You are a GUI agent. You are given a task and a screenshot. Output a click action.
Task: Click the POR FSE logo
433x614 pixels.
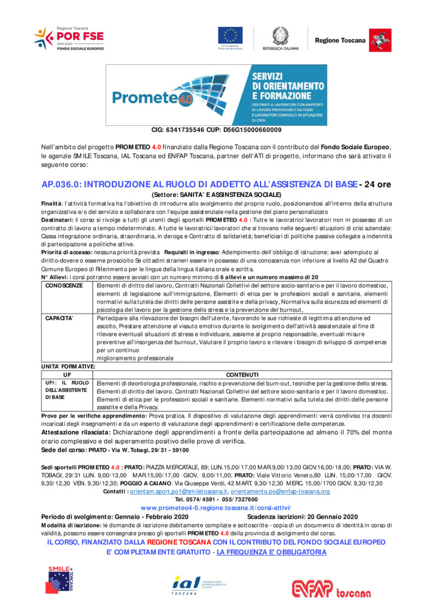69,39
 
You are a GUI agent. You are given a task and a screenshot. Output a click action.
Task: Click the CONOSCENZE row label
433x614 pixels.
64,286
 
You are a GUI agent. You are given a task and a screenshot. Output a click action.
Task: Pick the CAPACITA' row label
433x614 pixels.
59,318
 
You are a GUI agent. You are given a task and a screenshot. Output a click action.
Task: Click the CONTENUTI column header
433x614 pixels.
242,375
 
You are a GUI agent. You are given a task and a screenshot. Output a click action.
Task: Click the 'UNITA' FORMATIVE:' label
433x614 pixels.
68,366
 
